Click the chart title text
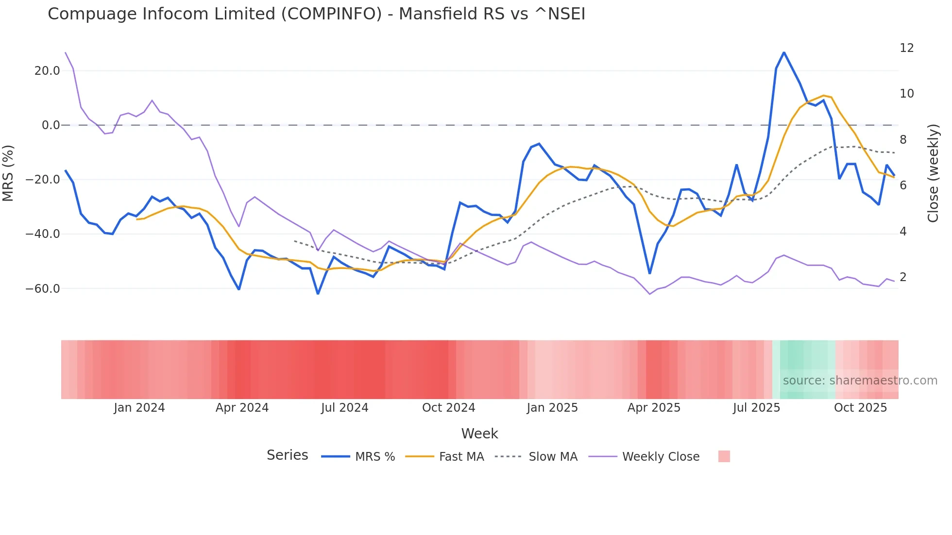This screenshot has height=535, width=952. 316,14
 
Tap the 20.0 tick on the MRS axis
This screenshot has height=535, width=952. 47,71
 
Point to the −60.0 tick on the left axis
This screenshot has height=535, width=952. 43,289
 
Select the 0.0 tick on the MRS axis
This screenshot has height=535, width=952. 51,125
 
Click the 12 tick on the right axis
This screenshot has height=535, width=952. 906,48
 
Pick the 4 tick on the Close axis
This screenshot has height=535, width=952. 903,232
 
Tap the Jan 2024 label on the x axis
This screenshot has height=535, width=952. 139,408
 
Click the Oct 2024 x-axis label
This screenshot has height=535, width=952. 448,408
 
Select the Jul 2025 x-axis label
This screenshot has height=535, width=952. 756,408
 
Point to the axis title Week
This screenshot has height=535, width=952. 479,434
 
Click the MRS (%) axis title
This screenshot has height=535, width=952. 8,173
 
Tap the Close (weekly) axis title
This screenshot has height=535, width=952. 933,173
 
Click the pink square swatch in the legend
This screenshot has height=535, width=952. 724,456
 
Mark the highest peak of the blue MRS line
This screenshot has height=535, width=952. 784,52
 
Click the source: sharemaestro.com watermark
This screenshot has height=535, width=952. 860,381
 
